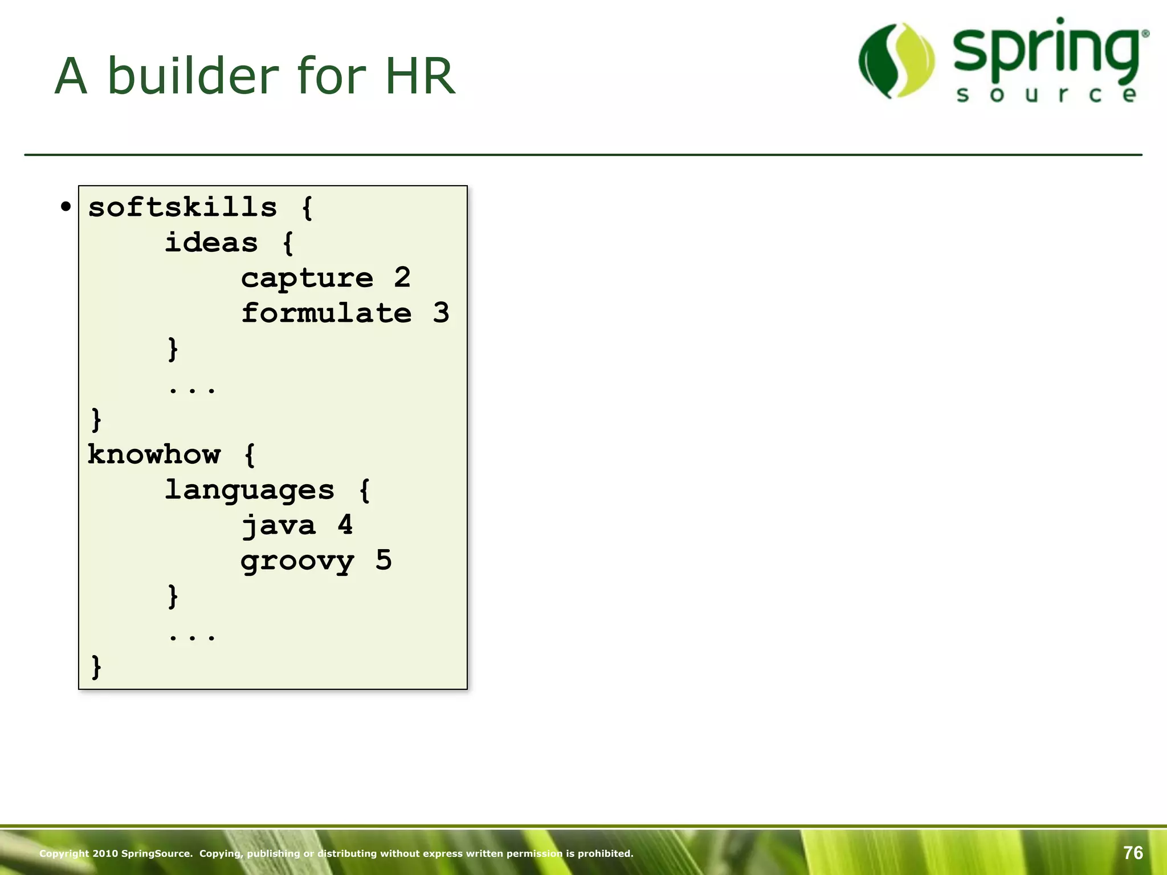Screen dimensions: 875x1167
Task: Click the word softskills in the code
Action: coord(182,207)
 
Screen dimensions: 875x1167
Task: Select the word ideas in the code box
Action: coord(211,243)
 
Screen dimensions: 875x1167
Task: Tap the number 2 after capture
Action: coord(402,277)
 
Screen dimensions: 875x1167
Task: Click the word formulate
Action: coord(326,313)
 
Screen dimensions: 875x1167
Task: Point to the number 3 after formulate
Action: coord(440,313)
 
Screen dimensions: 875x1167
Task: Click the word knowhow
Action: coord(154,454)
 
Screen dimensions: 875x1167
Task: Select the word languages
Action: coord(249,490)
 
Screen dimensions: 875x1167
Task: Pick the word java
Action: coord(278,525)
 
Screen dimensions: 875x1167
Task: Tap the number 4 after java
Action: coord(345,525)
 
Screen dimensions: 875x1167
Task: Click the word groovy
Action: coord(297,561)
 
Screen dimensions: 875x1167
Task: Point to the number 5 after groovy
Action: coord(383,561)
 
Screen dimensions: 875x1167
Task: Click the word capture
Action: coord(307,278)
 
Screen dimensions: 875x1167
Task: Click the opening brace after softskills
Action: coord(307,207)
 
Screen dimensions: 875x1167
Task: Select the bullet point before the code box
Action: coord(66,207)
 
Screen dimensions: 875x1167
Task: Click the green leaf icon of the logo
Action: coord(896,60)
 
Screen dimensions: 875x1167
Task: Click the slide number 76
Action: coord(1133,853)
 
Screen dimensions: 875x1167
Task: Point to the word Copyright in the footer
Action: coord(64,853)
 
